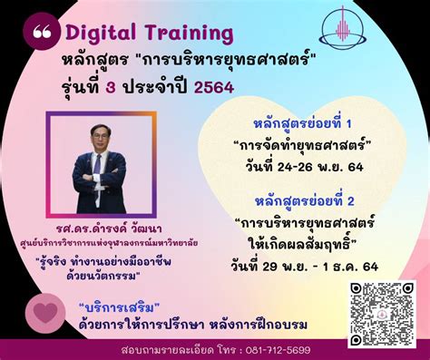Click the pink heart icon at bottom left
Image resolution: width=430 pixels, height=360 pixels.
[x=44, y=310]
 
